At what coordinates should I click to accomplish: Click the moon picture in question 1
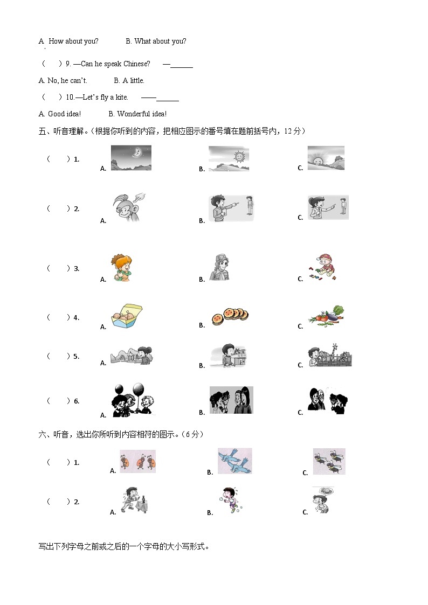click(x=130, y=158)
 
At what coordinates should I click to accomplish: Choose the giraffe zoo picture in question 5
click(x=329, y=356)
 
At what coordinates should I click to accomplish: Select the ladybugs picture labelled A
click(x=137, y=462)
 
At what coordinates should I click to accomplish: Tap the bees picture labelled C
click(x=329, y=462)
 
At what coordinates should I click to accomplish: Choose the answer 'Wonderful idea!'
click(x=142, y=114)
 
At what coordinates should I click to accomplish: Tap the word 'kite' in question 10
click(x=121, y=97)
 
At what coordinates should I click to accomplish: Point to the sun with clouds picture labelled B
click(x=229, y=158)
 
